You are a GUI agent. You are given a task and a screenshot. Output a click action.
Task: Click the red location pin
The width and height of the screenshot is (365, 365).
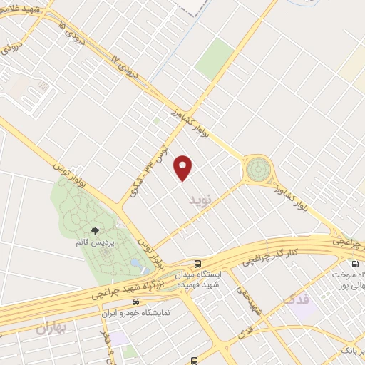(x=185, y=167)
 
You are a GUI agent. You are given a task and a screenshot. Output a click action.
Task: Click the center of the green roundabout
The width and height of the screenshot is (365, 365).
(x=258, y=170)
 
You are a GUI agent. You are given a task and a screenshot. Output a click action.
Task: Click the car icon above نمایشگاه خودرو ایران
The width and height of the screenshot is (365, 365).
(x=126, y=301)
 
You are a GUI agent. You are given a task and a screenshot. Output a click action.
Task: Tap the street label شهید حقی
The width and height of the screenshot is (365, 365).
(x=254, y=299)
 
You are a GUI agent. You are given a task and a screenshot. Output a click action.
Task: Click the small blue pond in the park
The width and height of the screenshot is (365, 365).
(x=135, y=264)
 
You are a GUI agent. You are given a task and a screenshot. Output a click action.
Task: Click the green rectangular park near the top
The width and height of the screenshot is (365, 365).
(x=215, y=59)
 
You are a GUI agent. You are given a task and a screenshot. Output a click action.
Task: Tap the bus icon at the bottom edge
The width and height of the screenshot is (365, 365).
(x=195, y=361)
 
